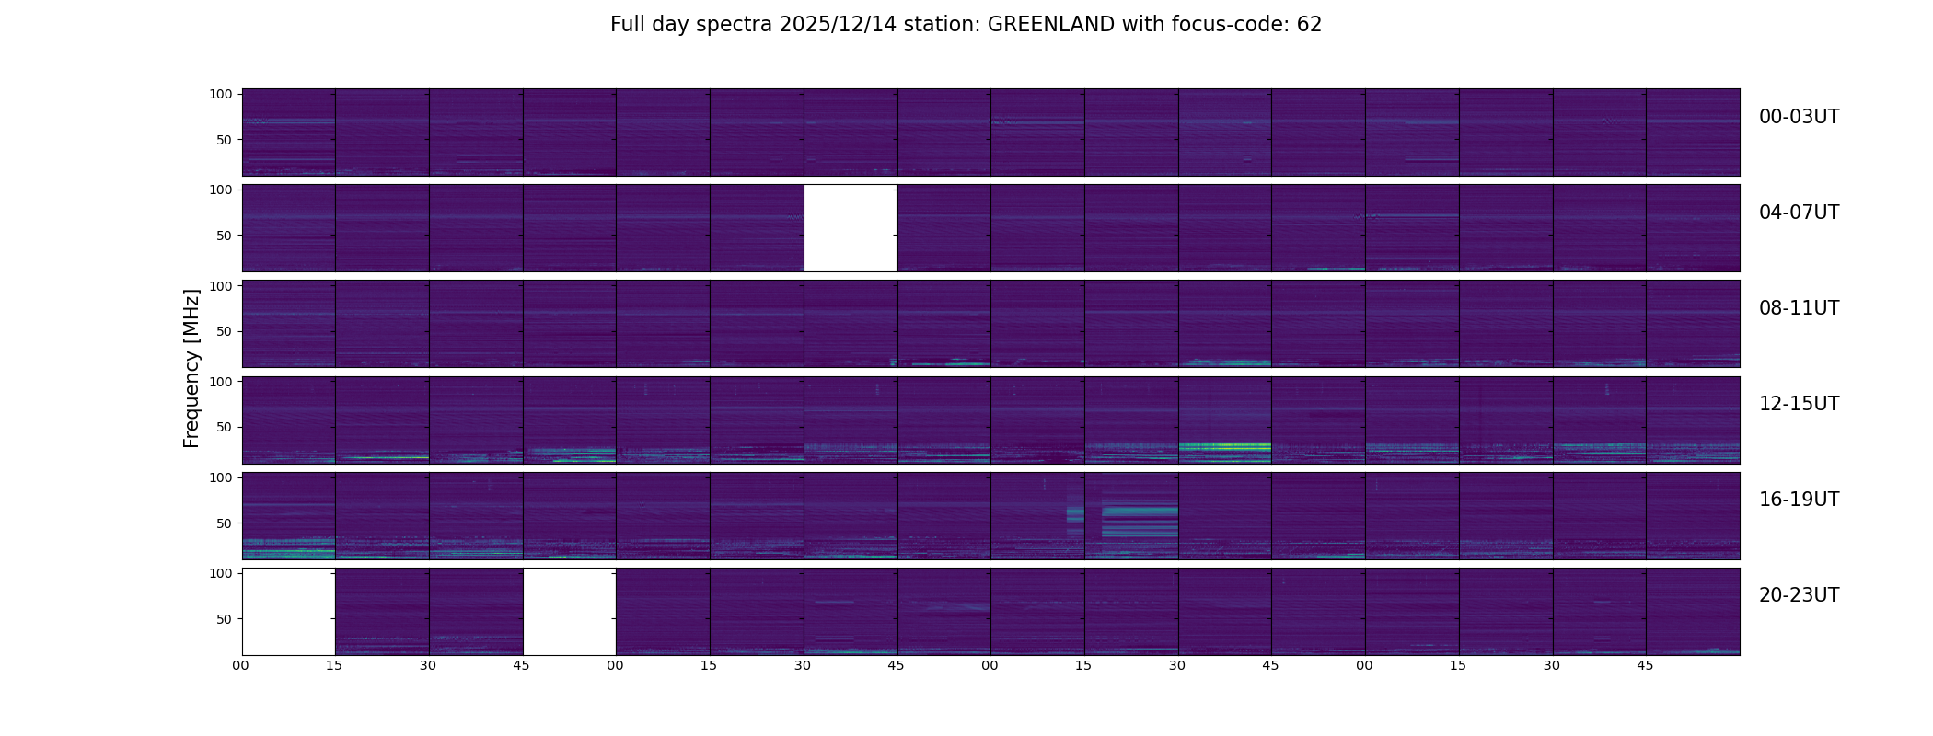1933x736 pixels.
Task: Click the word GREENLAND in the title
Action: click(x=1050, y=25)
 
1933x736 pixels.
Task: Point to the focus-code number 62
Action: click(x=1309, y=25)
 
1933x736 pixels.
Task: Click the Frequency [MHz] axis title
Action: click(x=191, y=368)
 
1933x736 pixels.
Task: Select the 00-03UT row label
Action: click(x=1799, y=117)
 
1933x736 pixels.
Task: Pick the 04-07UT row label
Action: click(x=1799, y=213)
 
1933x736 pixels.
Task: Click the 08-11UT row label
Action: click(x=1799, y=308)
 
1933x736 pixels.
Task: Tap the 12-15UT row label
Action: click(x=1799, y=404)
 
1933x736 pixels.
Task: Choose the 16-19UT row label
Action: click(x=1799, y=500)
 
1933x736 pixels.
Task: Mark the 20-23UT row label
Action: click(x=1799, y=595)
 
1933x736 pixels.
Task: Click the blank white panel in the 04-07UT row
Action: click(x=851, y=228)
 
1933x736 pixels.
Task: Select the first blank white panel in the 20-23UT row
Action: click(x=288, y=611)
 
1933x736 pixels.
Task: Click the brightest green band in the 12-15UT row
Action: click(x=1224, y=446)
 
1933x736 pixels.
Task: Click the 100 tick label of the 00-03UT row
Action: click(x=220, y=94)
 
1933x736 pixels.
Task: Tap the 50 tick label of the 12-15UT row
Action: click(x=224, y=427)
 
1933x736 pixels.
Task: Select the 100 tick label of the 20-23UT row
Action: click(x=220, y=573)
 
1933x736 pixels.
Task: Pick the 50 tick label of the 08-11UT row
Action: click(x=224, y=331)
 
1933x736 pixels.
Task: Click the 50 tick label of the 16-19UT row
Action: click(x=224, y=523)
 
